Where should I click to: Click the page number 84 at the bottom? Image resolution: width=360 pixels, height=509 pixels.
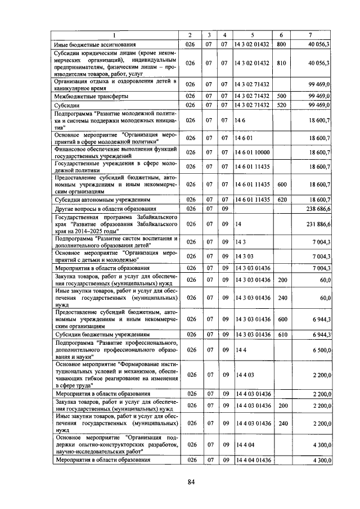[x=191, y=481]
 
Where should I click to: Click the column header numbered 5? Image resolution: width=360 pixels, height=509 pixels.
[x=253, y=35]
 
